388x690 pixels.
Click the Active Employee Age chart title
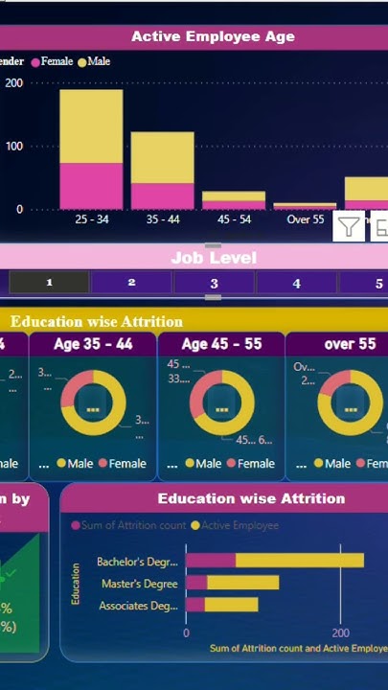coord(213,37)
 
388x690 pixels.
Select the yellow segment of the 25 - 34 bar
coord(91,125)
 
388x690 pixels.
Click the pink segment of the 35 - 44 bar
coord(162,196)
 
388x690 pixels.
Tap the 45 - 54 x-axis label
coord(233,219)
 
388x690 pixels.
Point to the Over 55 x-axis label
coord(305,219)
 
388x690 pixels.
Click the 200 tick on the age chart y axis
coord(13,82)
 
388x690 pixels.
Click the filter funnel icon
coord(349,228)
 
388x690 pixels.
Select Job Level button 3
coord(214,283)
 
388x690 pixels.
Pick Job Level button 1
coord(49,283)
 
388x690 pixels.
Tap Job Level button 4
coord(296,283)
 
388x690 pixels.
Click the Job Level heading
coord(214,258)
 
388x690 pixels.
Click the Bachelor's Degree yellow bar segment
coord(299,561)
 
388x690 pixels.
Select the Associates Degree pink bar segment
coord(194,605)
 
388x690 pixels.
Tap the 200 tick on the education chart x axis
coord(340,633)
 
